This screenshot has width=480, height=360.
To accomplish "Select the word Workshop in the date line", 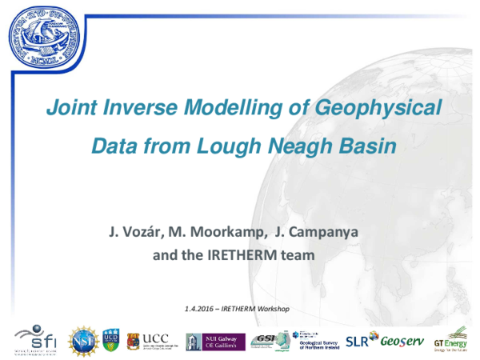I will tap(270, 308).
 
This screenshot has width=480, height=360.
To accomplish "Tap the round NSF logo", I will tap(84, 339).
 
